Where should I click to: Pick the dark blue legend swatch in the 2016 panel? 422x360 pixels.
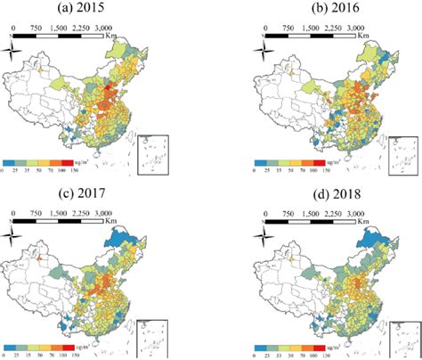click(262, 163)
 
